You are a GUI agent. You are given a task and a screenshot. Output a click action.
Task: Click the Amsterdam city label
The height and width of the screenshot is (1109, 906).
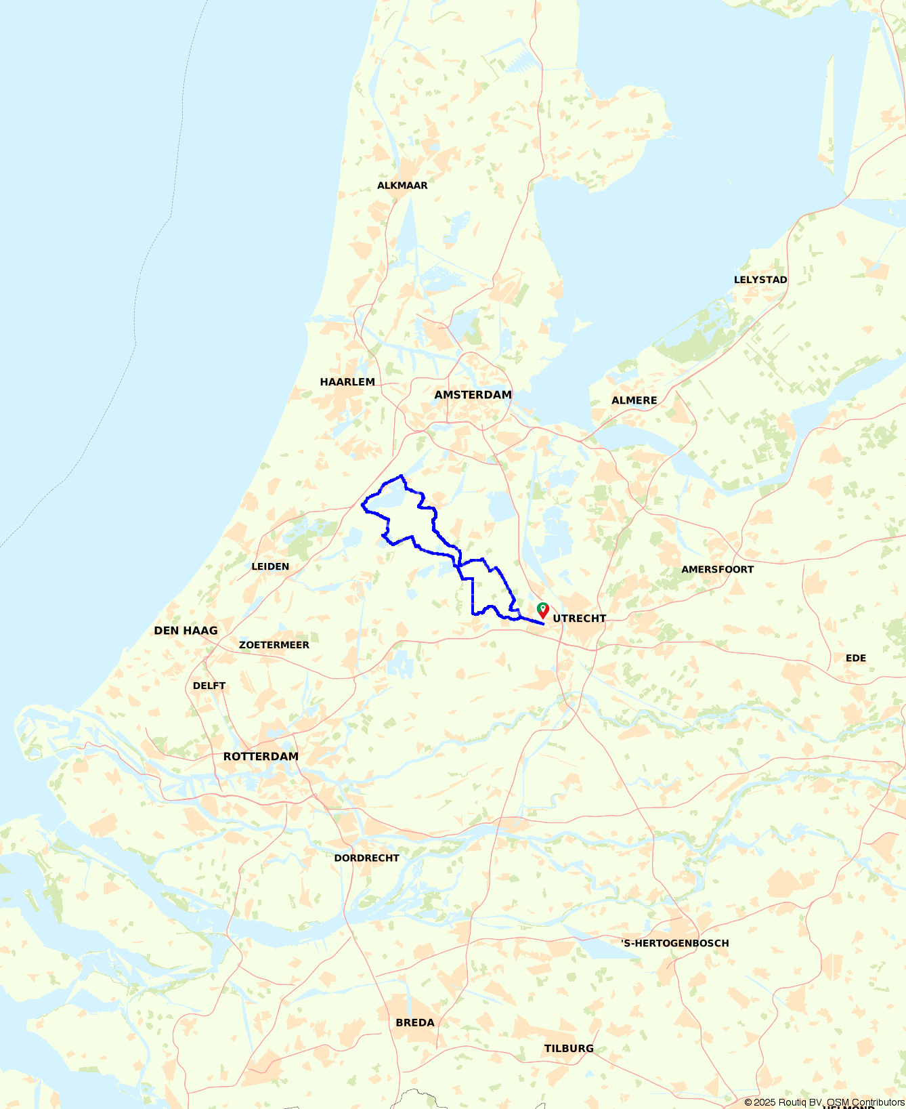(473, 395)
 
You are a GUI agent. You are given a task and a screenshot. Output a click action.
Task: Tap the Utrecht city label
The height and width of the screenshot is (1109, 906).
(579, 619)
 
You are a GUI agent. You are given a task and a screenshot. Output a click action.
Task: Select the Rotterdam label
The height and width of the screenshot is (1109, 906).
(261, 757)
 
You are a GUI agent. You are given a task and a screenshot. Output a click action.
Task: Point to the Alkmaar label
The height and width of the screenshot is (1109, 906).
(402, 186)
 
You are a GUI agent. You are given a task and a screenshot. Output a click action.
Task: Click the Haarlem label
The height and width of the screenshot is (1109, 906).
(347, 382)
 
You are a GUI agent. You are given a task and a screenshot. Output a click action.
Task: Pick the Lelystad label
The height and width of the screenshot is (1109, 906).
(760, 280)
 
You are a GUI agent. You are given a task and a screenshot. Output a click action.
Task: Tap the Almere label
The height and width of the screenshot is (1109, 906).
(634, 400)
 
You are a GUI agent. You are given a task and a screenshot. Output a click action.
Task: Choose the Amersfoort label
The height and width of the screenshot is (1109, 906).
(717, 570)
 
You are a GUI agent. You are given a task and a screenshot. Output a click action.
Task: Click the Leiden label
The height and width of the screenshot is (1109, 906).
(270, 567)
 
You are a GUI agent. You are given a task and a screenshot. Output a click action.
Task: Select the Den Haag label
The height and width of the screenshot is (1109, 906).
(186, 631)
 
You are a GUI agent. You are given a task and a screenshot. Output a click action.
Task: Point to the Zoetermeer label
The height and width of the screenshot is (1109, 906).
(274, 645)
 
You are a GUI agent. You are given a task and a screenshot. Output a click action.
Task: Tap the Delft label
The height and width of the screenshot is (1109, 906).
(209, 686)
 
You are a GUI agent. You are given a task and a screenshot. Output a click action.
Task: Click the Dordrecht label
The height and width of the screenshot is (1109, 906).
(366, 858)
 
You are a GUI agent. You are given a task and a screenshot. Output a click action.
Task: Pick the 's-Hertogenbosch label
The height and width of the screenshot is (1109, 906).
(674, 943)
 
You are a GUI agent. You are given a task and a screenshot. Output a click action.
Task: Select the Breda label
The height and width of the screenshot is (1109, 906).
(415, 1023)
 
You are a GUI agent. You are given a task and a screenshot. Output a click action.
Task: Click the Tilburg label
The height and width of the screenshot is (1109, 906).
(569, 1049)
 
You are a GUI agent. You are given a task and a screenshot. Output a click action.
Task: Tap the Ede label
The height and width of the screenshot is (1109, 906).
(855, 658)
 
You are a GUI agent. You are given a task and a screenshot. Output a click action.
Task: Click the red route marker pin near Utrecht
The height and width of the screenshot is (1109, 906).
(543, 610)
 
